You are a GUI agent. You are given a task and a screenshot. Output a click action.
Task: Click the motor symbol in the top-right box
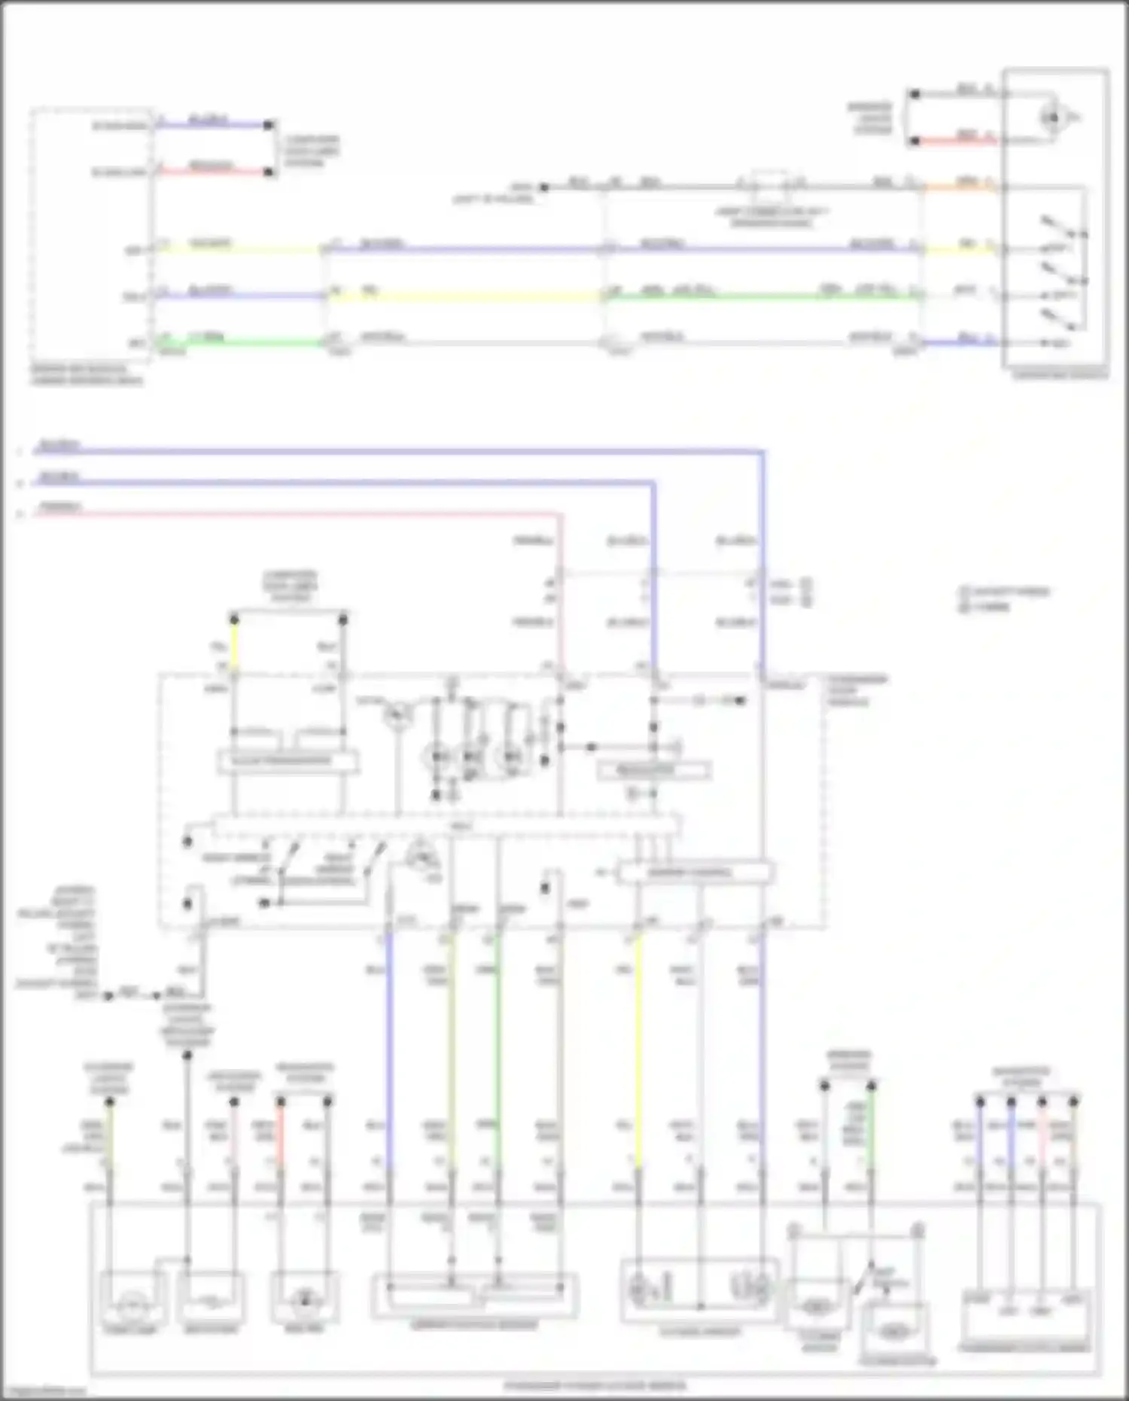tap(1052, 117)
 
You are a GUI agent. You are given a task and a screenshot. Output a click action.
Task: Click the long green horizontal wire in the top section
tap(760, 297)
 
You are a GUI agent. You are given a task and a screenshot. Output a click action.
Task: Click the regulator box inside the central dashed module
tap(653, 770)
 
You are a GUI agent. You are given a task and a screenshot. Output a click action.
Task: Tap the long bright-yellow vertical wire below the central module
tap(638, 1054)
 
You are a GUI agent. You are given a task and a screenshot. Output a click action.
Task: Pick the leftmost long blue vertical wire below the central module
tap(389, 1054)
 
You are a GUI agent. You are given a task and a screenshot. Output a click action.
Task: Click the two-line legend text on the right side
tap(1005, 598)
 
